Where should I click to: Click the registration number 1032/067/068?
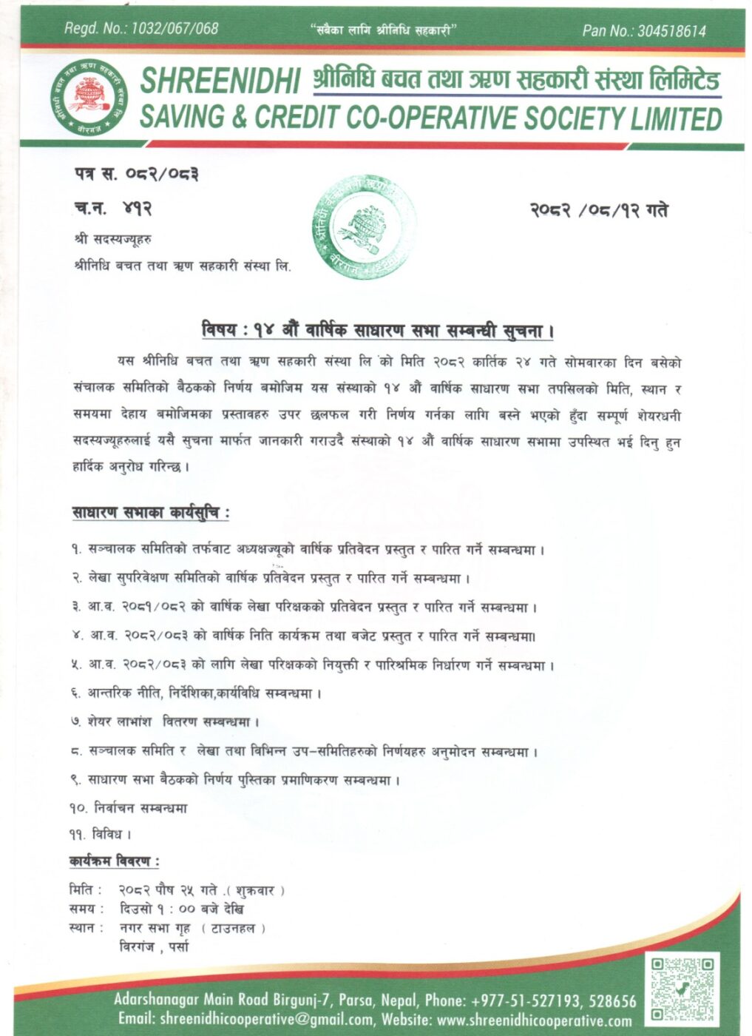(x=174, y=29)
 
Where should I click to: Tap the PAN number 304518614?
(x=671, y=31)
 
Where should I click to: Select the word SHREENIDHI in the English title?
(x=220, y=81)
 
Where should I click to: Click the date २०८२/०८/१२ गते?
(x=598, y=211)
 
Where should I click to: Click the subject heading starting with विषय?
(x=377, y=330)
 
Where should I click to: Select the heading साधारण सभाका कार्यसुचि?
(x=151, y=512)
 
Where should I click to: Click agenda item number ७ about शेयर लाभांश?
(x=165, y=721)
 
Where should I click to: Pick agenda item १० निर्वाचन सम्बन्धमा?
(x=129, y=808)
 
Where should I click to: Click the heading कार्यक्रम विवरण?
(x=114, y=861)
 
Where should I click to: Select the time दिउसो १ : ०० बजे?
(x=181, y=909)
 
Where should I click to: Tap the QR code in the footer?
(x=682, y=988)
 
